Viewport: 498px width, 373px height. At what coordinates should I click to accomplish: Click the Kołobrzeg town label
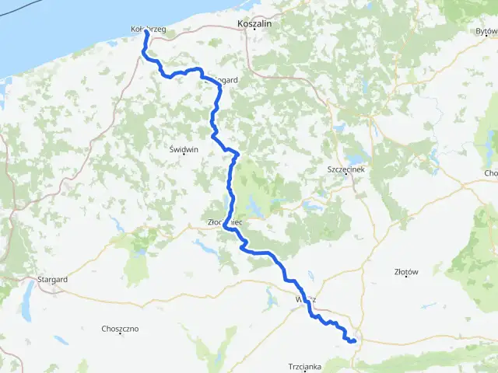(149, 29)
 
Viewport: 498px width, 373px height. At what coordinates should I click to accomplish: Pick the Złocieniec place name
(226, 221)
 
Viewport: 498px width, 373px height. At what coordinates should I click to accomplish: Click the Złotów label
(407, 272)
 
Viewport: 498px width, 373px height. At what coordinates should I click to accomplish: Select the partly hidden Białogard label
(225, 79)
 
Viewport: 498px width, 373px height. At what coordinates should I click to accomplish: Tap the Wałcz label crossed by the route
(306, 299)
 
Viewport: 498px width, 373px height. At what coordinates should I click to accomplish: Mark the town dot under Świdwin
(184, 154)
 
